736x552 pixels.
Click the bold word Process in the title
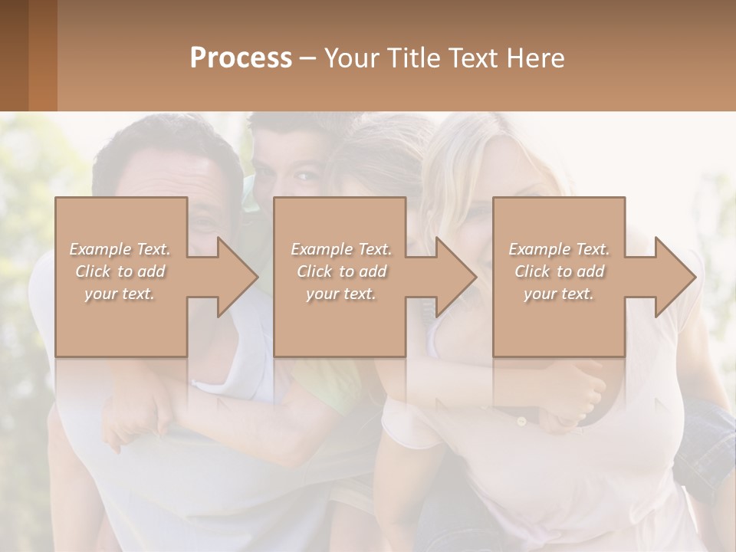[x=241, y=58]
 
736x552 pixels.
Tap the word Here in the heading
[x=534, y=58]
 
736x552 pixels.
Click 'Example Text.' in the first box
[x=120, y=249]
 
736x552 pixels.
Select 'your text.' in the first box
[x=120, y=294]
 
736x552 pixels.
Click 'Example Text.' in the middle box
[x=341, y=249]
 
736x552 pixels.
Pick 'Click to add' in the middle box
[x=341, y=271]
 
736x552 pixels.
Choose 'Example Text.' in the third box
[x=559, y=249]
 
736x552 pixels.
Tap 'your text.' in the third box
[x=559, y=294]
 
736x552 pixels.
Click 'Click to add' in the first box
[x=120, y=271]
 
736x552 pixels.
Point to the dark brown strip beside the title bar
[x=14, y=55]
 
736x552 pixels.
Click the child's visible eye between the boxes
[x=306, y=178]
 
